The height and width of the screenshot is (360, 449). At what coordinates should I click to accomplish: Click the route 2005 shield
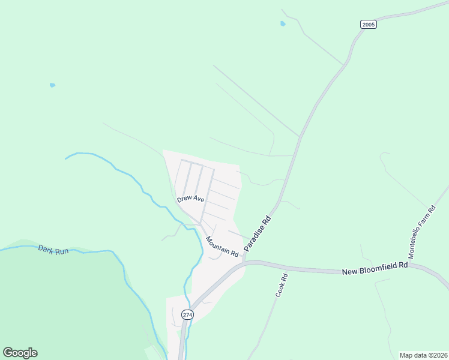(369, 25)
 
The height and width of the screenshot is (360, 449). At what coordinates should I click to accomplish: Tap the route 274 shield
(188, 314)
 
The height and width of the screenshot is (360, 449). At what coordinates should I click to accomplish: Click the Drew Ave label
(191, 199)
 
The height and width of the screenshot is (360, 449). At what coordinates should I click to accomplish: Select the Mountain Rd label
(222, 247)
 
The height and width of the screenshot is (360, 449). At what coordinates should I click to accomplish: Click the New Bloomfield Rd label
(375, 268)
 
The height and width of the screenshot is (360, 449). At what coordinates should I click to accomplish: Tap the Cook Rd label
(282, 286)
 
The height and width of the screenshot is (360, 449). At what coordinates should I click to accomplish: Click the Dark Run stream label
(53, 250)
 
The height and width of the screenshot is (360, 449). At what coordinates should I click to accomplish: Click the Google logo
(20, 352)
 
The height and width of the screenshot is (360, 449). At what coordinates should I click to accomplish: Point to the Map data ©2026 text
(423, 355)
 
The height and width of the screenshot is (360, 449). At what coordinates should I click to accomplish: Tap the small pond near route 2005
(283, 24)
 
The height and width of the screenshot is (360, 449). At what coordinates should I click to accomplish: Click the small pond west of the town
(53, 85)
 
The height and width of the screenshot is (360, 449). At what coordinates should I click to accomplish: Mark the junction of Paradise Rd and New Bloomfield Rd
(246, 262)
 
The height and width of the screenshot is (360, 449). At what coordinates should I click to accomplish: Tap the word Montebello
(419, 230)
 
